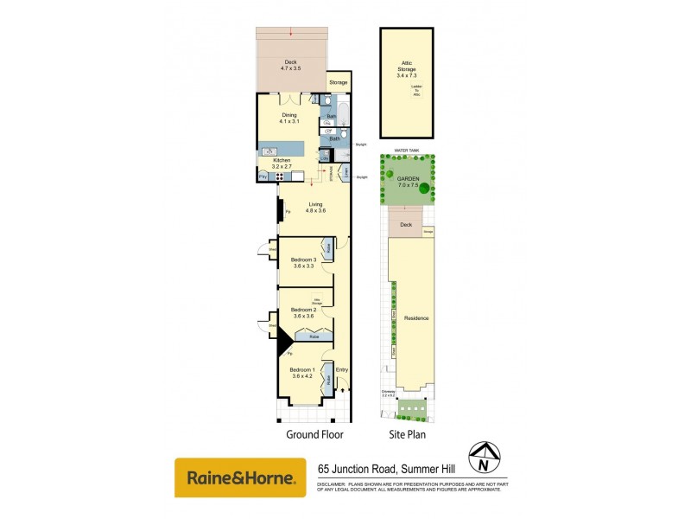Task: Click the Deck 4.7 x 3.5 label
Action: click(x=290, y=64)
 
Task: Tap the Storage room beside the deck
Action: click(x=338, y=83)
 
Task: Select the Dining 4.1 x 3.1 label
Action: click(x=288, y=119)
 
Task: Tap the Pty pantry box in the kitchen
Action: click(x=263, y=177)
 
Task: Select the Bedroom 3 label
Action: click(x=303, y=263)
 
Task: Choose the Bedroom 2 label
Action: click(x=303, y=313)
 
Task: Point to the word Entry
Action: click(x=341, y=370)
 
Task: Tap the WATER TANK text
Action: click(x=406, y=150)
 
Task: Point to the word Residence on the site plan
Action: click(x=416, y=318)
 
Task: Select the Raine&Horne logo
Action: click(x=240, y=477)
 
